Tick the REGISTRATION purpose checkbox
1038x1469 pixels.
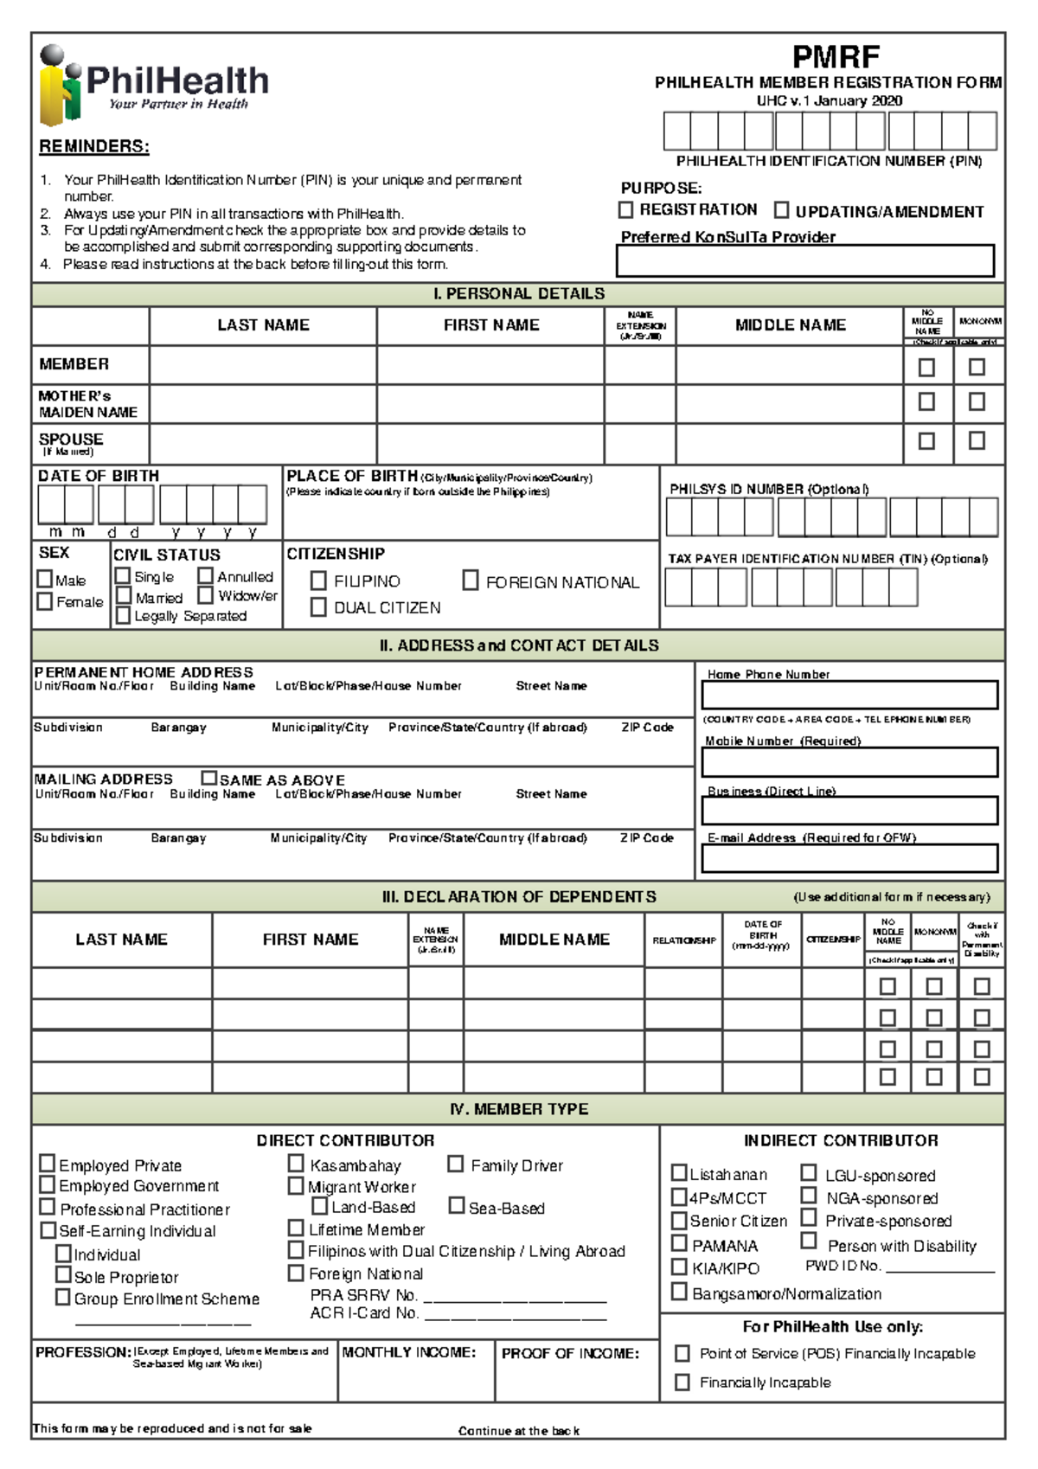pyautogui.click(x=626, y=210)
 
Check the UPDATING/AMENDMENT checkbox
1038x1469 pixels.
pyautogui.click(x=781, y=210)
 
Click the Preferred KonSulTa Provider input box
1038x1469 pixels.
pyautogui.click(x=804, y=260)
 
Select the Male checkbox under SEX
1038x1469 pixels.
pyautogui.click(x=45, y=579)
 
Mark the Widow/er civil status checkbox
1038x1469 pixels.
pyautogui.click(x=205, y=595)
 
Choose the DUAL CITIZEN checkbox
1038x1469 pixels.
pyautogui.click(x=318, y=607)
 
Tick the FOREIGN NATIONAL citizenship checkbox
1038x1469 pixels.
pyautogui.click(x=471, y=581)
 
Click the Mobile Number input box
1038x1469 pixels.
pyautogui.click(x=849, y=762)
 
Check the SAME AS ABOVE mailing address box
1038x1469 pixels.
pyautogui.click(x=208, y=778)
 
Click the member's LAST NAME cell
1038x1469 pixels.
pyautogui.click(x=262, y=365)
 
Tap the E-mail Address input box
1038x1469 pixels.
pyautogui.click(x=849, y=858)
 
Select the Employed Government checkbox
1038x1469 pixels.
pyautogui.click(x=48, y=1185)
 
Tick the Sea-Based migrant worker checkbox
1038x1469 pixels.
pyautogui.click(x=457, y=1205)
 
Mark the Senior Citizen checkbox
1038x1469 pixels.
pyautogui.click(x=680, y=1220)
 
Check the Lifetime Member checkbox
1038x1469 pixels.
pyautogui.click(x=296, y=1228)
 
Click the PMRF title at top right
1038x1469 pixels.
pyautogui.click(x=836, y=58)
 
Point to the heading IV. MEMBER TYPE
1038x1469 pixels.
pyautogui.click(x=518, y=1109)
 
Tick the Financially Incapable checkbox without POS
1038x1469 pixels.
pyautogui.click(x=682, y=1382)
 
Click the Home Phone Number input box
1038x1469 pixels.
pyautogui.click(x=849, y=695)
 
